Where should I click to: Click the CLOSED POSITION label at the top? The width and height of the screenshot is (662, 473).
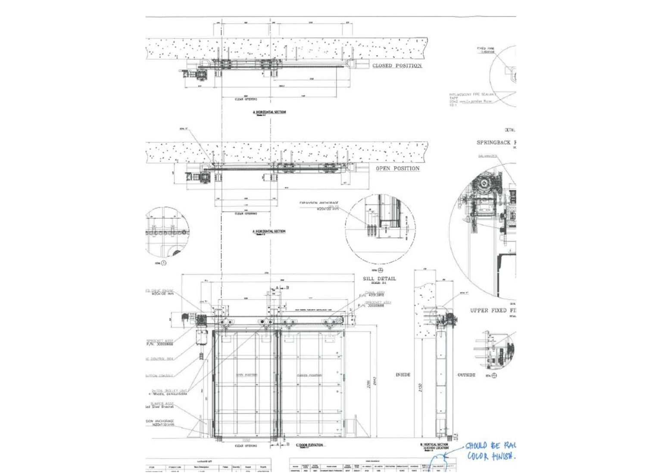point(397,65)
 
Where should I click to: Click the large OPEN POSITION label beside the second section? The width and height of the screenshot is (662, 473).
point(397,168)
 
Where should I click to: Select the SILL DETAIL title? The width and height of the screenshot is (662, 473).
point(379,279)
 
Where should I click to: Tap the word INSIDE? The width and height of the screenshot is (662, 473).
point(403,375)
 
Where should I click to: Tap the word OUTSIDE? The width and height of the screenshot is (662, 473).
point(466,375)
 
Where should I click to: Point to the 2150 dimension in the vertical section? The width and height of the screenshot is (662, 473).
point(420,387)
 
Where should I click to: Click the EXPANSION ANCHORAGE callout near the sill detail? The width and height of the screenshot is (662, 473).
point(319,202)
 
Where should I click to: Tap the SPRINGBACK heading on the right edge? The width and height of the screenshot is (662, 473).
point(496,143)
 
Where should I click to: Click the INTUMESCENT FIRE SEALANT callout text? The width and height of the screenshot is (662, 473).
point(472,94)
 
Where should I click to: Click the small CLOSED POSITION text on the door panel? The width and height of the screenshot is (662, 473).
point(309,375)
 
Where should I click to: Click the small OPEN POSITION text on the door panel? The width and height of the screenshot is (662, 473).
point(246,375)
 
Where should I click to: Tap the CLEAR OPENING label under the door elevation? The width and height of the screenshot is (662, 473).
point(245,446)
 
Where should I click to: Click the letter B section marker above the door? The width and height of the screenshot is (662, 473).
point(287,287)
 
